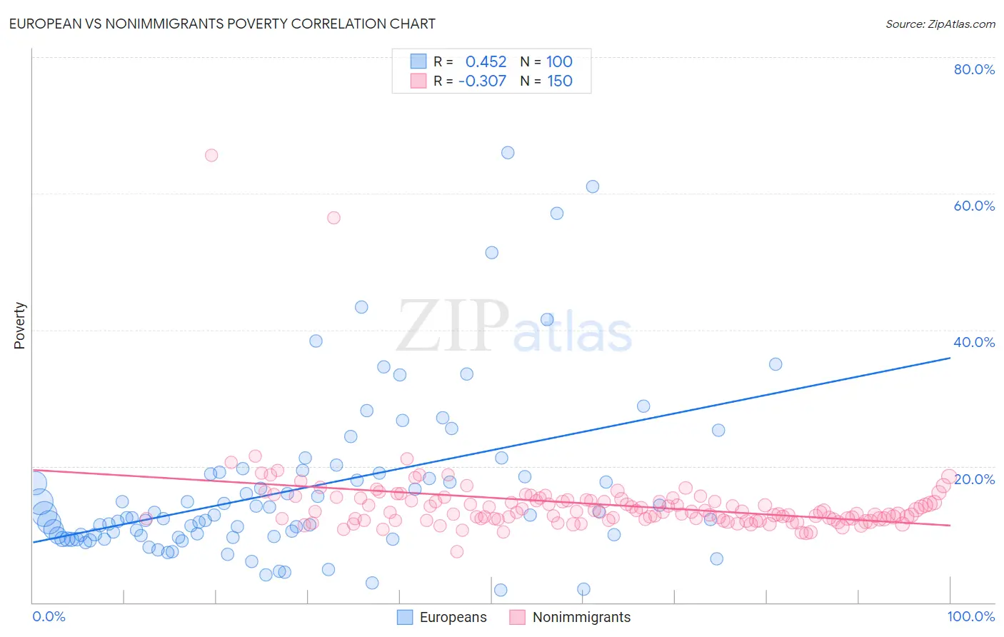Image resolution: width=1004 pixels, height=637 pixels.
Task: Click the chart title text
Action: [x=222, y=24]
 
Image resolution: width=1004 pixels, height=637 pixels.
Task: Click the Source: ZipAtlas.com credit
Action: [x=940, y=24]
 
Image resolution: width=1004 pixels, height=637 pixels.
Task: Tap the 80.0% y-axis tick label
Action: [x=974, y=69]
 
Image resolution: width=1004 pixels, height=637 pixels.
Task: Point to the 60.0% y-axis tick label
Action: [x=974, y=206]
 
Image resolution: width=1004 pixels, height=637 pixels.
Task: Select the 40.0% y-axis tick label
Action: [x=974, y=342]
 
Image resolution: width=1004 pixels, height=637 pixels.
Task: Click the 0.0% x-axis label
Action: [x=49, y=616]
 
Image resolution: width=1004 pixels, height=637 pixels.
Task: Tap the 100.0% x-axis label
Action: [x=970, y=616]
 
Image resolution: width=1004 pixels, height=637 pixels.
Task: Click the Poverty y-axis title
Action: [x=19, y=326]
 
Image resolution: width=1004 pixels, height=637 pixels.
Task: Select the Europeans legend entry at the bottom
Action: [x=443, y=617]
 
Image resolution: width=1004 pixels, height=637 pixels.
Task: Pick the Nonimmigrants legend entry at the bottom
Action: [x=570, y=617]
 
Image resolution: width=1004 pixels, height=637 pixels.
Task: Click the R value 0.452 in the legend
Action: [x=486, y=62]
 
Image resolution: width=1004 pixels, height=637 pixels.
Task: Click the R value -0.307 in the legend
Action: [x=482, y=81]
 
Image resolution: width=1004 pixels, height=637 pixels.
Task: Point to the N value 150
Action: [x=560, y=81]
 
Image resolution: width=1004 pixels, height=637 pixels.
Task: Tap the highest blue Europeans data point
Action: [x=508, y=152]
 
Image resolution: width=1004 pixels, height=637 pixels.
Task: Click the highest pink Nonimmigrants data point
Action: [x=211, y=155]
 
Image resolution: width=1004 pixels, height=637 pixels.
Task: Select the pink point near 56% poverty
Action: [x=333, y=218]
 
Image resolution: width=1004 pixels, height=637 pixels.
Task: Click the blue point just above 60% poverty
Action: [x=593, y=186]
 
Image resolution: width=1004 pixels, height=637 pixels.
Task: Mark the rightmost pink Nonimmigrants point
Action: [x=949, y=476]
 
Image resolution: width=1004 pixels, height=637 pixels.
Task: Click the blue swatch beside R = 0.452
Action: [x=418, y=61]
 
